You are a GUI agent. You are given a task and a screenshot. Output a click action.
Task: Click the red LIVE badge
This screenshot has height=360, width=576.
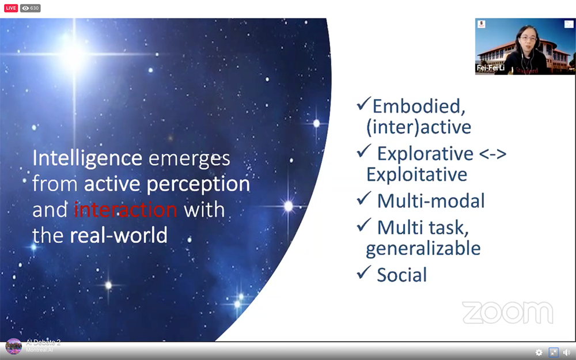pyautogui.click(x=11, y=8)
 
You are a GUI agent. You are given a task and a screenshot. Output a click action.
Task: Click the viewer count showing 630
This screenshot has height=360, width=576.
pyautogui.click(x=30, y=8)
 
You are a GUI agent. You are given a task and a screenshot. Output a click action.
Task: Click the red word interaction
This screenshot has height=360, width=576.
pyautogui.click(x=126, y=210)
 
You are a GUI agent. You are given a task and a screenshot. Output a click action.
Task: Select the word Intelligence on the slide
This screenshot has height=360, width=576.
pyautogui.click(x=88, y=158)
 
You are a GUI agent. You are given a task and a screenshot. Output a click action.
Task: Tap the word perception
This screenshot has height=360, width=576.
pyautogui.click(x=198, y=184)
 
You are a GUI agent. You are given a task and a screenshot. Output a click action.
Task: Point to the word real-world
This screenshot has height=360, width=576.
pyautogui.click(x=119, y=235)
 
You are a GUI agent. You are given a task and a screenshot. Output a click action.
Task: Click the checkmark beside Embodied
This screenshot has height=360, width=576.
pyautogui.click(x=363, y=104)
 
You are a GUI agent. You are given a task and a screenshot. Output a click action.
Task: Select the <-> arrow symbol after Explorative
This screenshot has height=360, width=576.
pyautogui.click(x=493, y=154)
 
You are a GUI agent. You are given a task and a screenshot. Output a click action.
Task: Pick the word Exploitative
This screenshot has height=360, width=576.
pyautogui.click(x=416, y=174)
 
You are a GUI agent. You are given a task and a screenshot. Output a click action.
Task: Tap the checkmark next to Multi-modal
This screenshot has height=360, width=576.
pyautogui.click(x=363, y=198)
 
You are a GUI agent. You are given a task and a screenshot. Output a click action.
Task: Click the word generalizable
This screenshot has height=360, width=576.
pyautogui.click(x=423, y=249)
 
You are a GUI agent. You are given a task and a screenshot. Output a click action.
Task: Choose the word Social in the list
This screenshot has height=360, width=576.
pyautogui.click(x=402, y=275)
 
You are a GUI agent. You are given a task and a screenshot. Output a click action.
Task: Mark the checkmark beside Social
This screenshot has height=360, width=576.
pyautogui.click(x=363, y=272)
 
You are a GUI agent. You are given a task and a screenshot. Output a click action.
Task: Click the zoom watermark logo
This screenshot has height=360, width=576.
pyautogui.click(x=507, y=313)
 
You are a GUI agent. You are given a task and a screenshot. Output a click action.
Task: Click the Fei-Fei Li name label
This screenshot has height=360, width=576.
pyautogui.click(x=490, y=68)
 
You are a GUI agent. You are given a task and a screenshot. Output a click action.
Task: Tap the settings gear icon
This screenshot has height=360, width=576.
pyautogui.click(x=539, y=353)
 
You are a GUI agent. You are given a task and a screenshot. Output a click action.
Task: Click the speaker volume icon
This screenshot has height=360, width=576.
pyautogui.click(x=566, y=353)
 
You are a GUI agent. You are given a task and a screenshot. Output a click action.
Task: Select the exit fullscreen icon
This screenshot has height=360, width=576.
pyautogui.click(x=553, y=353)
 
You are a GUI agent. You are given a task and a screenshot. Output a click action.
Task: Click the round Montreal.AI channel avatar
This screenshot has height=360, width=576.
pyautogui.click(x=14, y=346)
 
